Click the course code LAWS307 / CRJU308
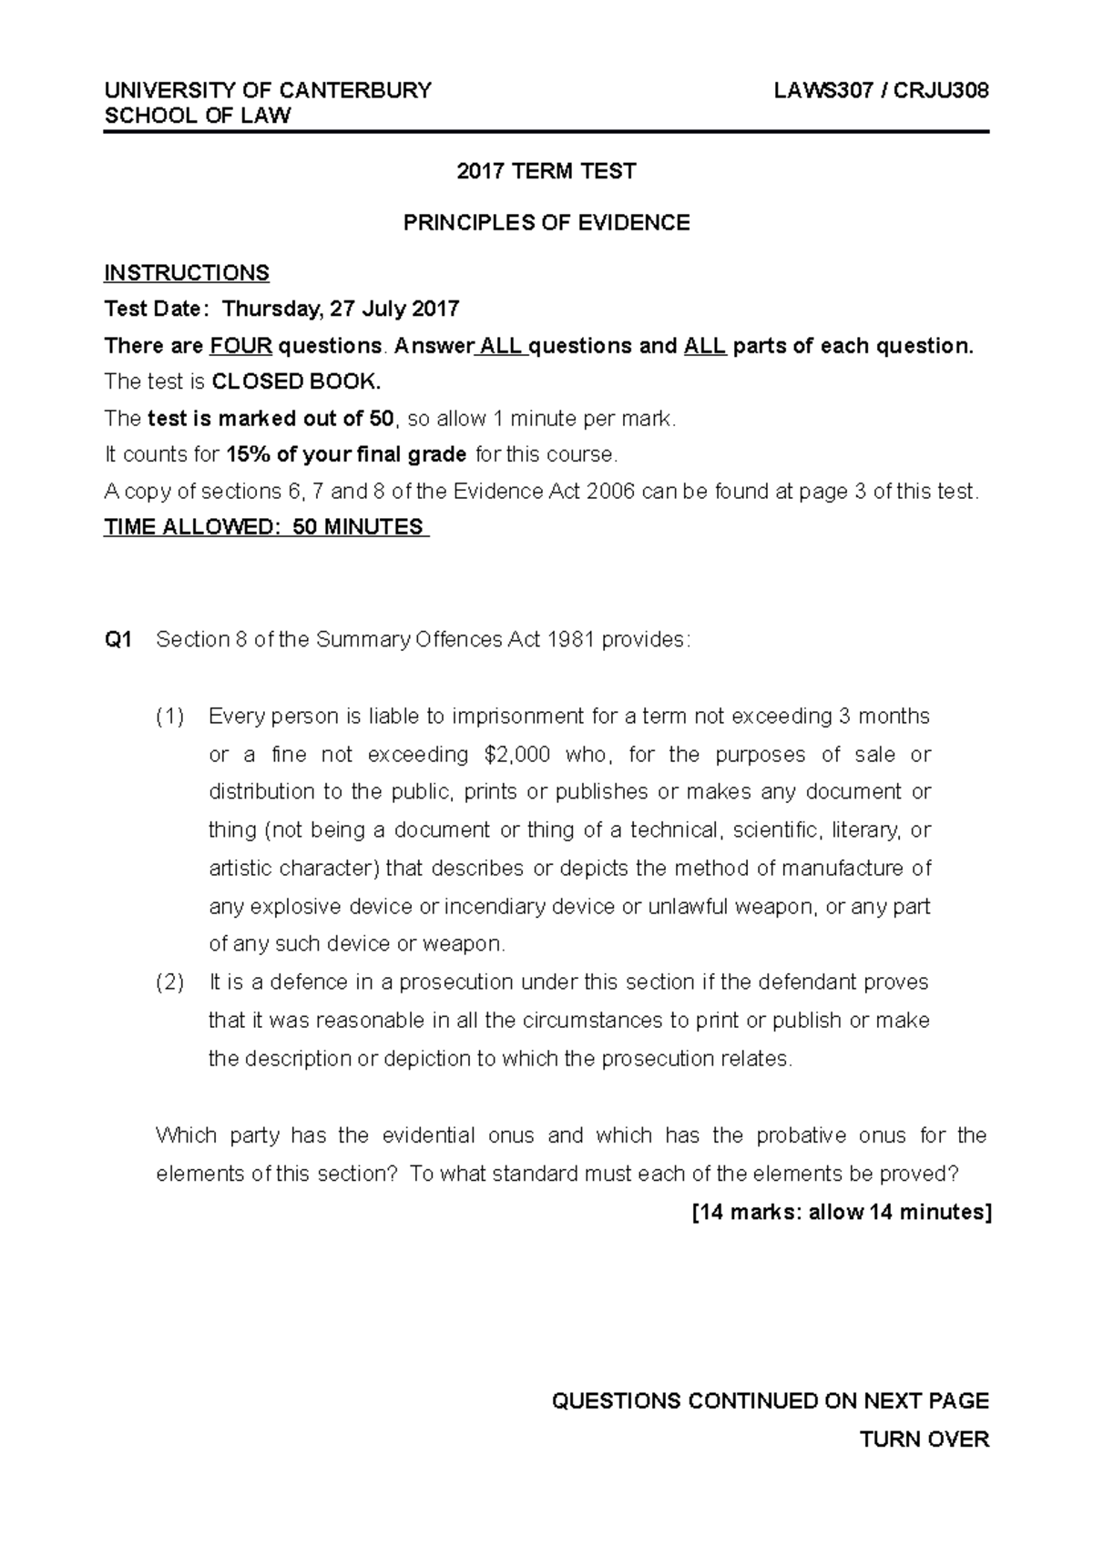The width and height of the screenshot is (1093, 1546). (881, 90)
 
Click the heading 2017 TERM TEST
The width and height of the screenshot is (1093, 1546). (546, 171)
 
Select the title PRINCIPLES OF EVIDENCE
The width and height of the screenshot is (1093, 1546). (546, 223)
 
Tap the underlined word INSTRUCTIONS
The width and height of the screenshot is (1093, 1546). (187, 273)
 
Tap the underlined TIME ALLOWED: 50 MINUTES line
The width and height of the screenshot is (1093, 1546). (266, 527)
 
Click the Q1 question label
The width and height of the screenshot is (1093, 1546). (118, 640)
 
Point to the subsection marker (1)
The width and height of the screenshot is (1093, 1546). (169, 717)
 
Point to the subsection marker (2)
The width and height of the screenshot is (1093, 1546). (169, 982)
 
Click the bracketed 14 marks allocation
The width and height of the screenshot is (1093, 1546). (840, 1212)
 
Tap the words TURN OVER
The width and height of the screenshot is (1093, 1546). (924, 1439)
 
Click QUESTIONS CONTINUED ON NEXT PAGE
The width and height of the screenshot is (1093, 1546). (770, 1401)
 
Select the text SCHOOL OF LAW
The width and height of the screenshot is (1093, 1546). (198, 116)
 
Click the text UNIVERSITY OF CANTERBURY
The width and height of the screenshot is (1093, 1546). (268, 90)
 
